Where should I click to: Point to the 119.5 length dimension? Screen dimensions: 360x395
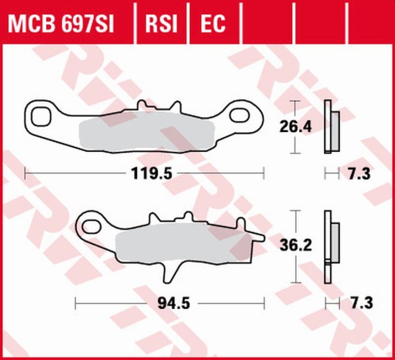[x=145, y=173]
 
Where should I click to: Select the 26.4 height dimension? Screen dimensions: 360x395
[x=295, y=127]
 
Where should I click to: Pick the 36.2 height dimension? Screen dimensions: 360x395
[x=295, y=245]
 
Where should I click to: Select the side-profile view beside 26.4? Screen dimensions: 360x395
[x=330, y=127]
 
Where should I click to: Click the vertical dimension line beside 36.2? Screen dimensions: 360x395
[x=295, y=269]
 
